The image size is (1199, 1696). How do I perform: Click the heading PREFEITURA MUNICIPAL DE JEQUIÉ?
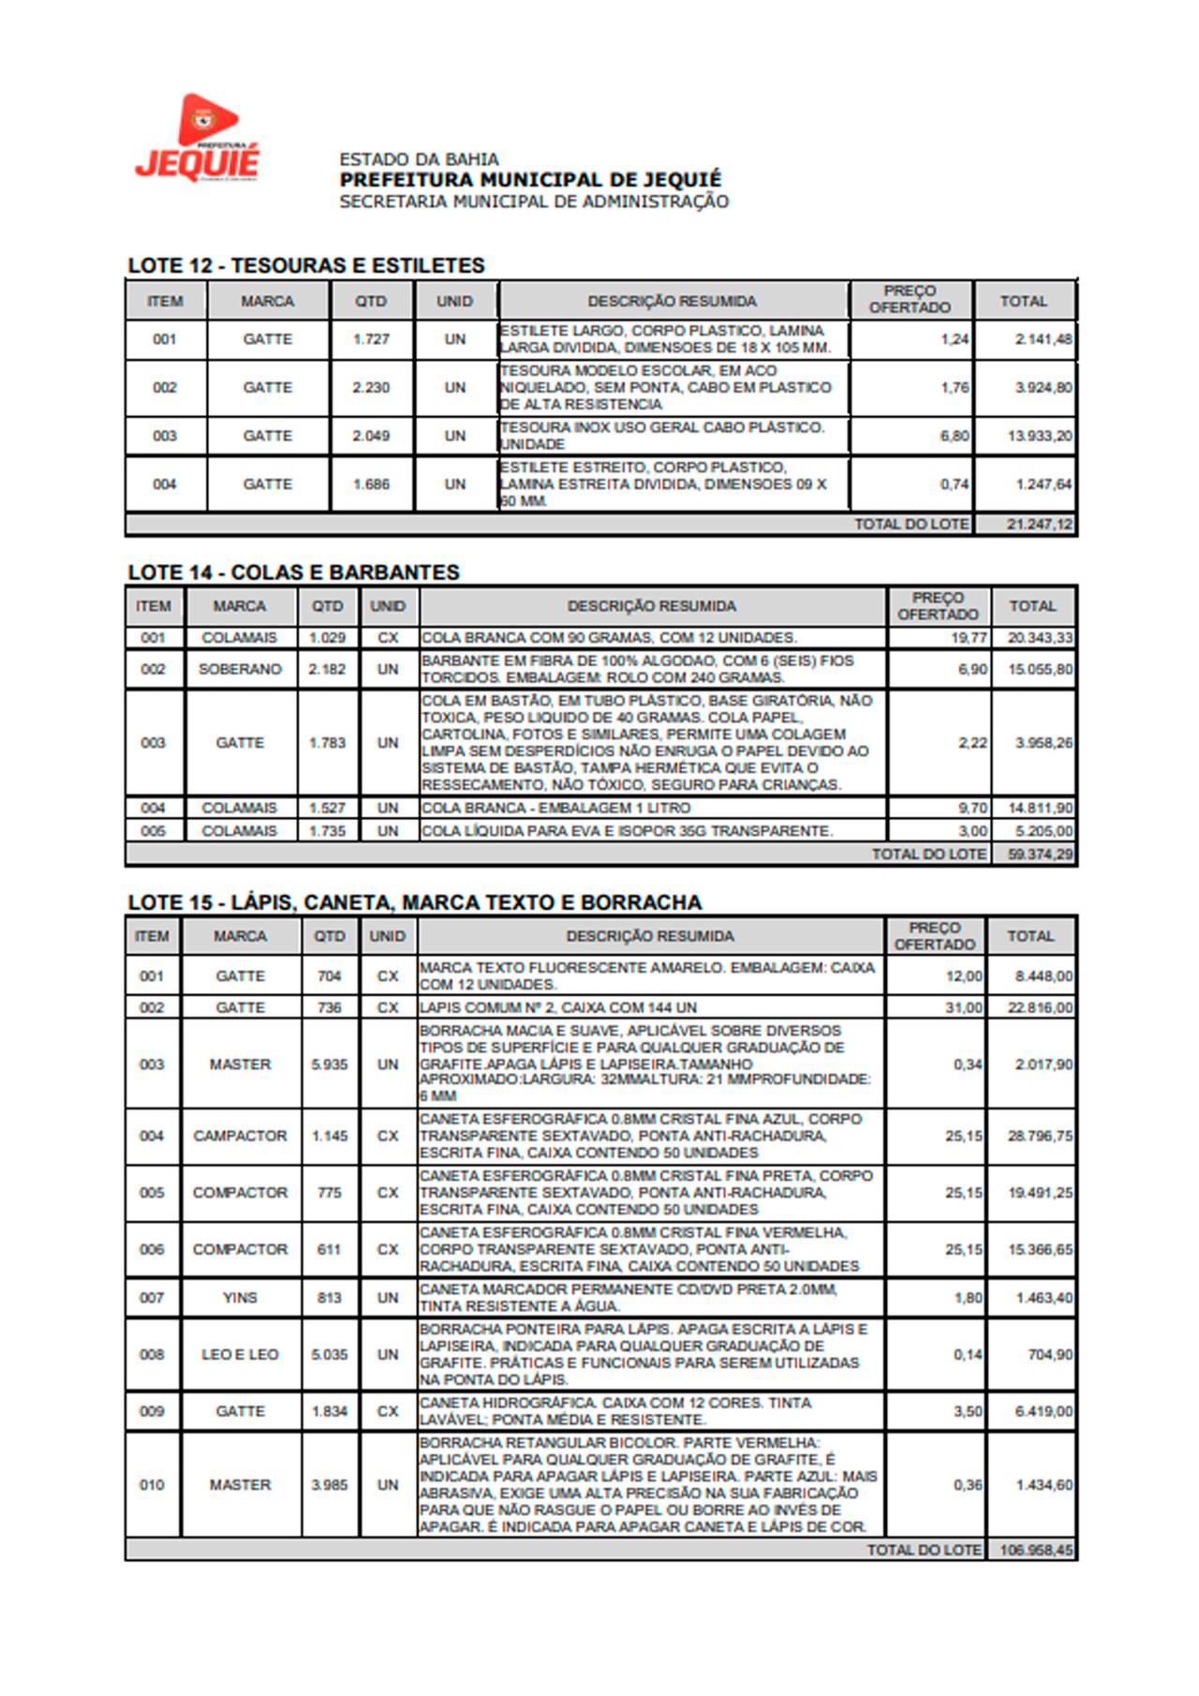530,179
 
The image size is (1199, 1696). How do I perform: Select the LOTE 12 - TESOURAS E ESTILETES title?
306,265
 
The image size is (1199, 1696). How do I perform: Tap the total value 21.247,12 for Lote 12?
1039,525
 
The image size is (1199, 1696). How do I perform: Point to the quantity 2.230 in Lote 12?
371,388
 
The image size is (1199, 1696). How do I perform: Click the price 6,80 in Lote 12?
955,437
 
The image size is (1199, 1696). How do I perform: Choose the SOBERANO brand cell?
240,669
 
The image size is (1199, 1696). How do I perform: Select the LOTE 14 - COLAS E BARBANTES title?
293,573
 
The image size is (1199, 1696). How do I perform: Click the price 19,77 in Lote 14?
970,638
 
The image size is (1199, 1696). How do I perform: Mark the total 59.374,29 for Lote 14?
1041,855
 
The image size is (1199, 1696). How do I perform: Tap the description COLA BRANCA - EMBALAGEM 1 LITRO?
555,808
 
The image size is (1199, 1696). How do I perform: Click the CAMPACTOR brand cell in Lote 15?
240,1136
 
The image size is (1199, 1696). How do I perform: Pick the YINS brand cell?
240,1298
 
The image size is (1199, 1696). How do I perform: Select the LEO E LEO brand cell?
240,1354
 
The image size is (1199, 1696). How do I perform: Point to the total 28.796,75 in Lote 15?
1040,1136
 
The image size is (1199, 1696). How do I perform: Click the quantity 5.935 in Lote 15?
329,1064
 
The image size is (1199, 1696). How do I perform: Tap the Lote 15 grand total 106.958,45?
1036,1550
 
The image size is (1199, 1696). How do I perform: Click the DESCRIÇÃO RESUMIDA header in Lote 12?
672,302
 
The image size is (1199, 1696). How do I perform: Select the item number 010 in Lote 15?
152,1485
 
